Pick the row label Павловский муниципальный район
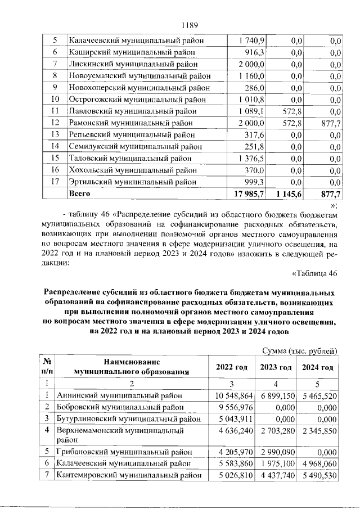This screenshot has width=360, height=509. (132, 111)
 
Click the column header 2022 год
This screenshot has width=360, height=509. (232, 367)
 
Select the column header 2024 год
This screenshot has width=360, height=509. (318, 367)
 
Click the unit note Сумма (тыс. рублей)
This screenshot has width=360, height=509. (300, 352)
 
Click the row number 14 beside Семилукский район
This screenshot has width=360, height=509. (55, 147)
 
